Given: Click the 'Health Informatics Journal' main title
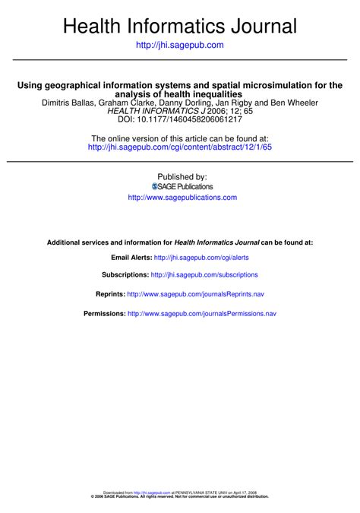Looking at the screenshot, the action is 180,27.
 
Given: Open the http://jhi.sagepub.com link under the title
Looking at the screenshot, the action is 179,46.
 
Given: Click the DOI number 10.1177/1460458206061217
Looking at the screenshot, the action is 190,119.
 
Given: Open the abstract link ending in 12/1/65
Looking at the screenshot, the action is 180,147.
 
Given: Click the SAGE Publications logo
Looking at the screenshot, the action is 182,186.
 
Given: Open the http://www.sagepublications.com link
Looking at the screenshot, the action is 182,198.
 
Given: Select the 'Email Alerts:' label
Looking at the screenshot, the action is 131,258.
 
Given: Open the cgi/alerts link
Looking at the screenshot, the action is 201,258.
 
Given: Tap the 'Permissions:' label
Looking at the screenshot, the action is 104,312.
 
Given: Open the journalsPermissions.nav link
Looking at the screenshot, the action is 202,312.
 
